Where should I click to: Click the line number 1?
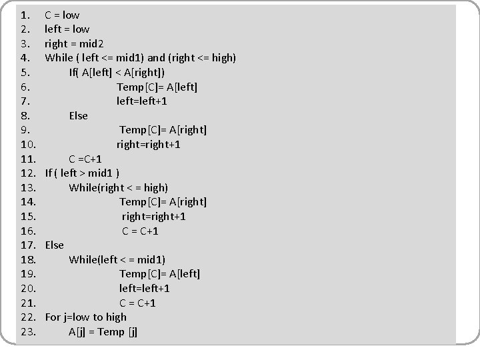(x=25, y=15)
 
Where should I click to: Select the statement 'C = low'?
(x=62, y=15)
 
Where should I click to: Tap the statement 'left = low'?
(x=67, y=29)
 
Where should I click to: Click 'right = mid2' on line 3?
(x=74, y=43)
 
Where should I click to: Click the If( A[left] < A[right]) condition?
(x=117, y=72)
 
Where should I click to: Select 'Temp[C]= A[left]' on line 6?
(x=157, y=87)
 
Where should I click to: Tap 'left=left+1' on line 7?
(x=142, y=101)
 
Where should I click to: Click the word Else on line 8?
(x=78, y=116)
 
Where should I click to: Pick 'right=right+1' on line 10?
(x=149, y=145)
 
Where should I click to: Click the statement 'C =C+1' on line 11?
(x=85, y=159)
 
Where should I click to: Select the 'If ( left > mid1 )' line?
(x=83, y=173)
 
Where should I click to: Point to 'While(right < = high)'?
(x=119, y=187)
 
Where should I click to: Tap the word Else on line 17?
(x=55, y=245)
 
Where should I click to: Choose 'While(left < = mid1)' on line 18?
(x=117, y=259)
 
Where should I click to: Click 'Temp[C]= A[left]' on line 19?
(x=160, y=274)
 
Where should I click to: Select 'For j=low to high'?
(x=85, y=317)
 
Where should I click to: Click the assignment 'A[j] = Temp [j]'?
(x=103, y=332)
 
